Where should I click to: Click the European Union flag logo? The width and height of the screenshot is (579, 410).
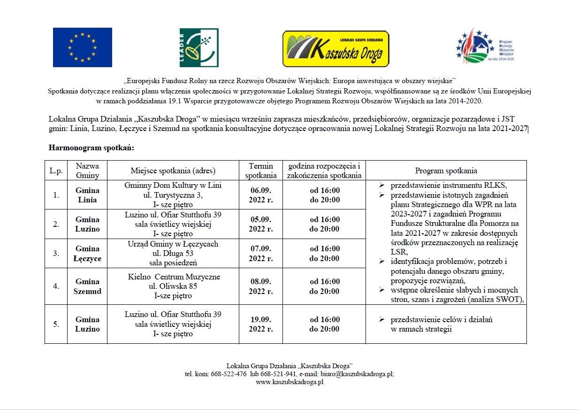[x=83, y=47]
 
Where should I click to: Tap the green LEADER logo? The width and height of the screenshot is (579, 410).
[x=199, y=47]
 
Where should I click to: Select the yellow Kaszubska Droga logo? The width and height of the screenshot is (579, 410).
[x=336, y=49]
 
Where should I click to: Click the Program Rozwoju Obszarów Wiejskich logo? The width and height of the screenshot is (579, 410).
[x=485, y=47]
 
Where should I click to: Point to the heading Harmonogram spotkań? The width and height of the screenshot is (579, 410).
[x=91, y=148]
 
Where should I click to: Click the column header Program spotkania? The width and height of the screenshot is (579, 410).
[x=446, y=170]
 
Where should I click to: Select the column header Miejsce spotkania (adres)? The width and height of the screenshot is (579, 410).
[x=173, y=170]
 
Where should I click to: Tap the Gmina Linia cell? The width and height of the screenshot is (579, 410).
[x=87, y=195]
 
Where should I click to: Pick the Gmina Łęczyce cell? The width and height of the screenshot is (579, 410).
[x=87, y=254]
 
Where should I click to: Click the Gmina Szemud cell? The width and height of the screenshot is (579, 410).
[x=87, y=286]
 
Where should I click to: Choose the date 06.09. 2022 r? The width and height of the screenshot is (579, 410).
[x=261, y=195]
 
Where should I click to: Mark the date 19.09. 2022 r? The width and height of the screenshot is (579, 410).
[x=261, y=324]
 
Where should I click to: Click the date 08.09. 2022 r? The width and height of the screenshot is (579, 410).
[x=261, y=286]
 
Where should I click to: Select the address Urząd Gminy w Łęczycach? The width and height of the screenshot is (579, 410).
[x=173, y=244]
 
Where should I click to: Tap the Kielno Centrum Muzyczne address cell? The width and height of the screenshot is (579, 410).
[x=173, y=286]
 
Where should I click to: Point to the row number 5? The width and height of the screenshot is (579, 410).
[x=56, y=324]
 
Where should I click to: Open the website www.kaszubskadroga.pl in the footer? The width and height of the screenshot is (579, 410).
[x=289, y=382]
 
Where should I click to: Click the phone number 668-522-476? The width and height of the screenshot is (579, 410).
[x=230, y=374]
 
